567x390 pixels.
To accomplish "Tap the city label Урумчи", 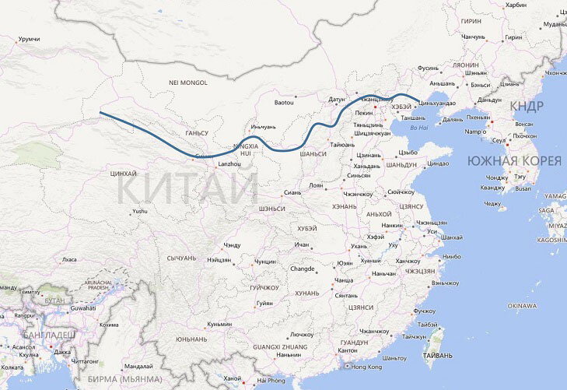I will pyautogui.click(x=29, y=39).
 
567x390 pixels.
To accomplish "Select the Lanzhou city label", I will pyautogui.click(x=230, y=164).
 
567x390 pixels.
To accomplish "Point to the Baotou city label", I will pyautogui.click(x=285, y=102).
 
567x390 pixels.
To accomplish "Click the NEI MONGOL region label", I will pyautogui.click(x=188, y=82).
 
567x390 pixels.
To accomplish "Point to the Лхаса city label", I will pyautogui.click(x=70, y=258).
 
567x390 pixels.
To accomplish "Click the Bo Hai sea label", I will pyautogui.click(x=418, y=127).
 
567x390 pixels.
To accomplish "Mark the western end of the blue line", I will pyautogui.click(x=100, y=114).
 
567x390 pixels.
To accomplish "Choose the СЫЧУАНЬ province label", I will pyautogui.click(x=182, y=257).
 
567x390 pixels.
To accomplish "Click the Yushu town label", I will pyautogui.click(x=140, y=210).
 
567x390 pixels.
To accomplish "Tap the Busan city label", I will pyautogui.click(x=523, y=188).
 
